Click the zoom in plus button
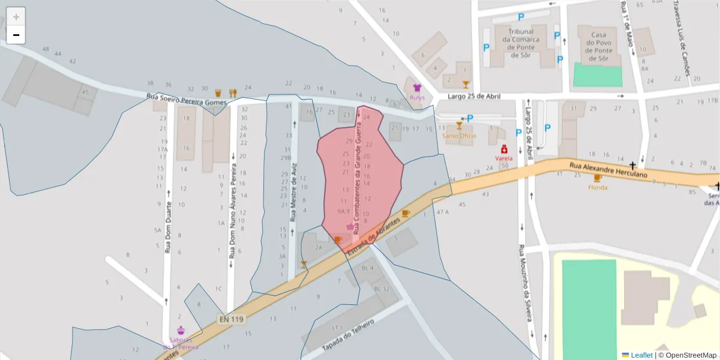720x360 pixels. click(16, 16)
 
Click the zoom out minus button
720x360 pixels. click(16, 35)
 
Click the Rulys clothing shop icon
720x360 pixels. click(417, 88)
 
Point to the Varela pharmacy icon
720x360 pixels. click(504, 149)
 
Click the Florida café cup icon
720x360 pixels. click(597, 178)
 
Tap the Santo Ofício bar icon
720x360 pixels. click(459, 126)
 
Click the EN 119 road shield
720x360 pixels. click(231, 319)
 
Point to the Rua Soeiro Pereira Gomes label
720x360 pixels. click(187, 99)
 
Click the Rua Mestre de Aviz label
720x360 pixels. click(293, 192)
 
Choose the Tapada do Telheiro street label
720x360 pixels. click(348, 335)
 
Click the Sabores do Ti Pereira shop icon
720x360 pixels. click(181, 330)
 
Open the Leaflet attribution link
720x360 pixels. click(641, 355)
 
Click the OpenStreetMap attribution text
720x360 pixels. click(691, 355)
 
